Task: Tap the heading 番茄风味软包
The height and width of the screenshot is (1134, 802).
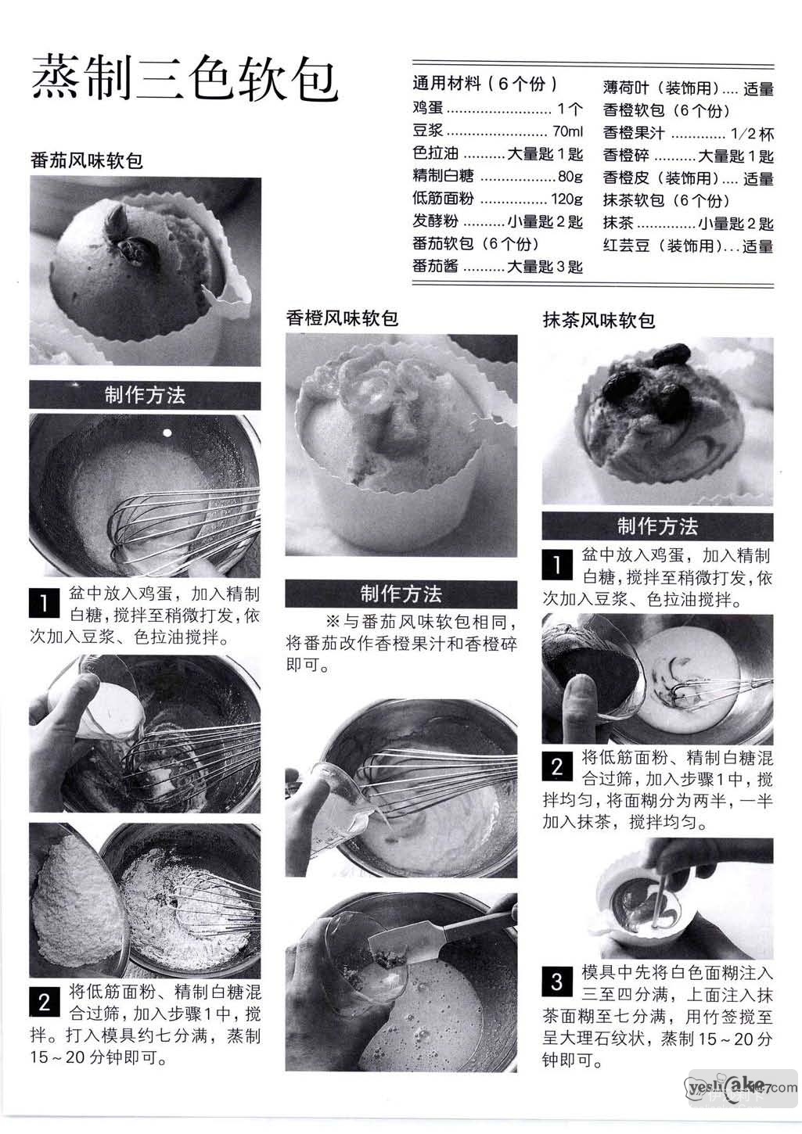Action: [87, 160]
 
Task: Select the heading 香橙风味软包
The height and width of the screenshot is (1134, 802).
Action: [342, 318]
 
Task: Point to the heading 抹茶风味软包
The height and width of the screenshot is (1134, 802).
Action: [599, 320]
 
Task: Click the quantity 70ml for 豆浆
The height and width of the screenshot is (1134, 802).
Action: [567, 131]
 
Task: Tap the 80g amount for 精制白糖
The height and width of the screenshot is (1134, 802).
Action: [570, 176]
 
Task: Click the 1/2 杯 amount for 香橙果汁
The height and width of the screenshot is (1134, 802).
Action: [752, 134]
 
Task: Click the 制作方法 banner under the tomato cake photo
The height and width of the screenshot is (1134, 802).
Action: [145, 396]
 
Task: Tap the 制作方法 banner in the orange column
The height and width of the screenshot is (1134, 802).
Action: [401, 594]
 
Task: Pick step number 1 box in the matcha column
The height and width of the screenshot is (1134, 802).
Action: [557, 565]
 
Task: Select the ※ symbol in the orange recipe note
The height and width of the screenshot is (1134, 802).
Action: [333, 621]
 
